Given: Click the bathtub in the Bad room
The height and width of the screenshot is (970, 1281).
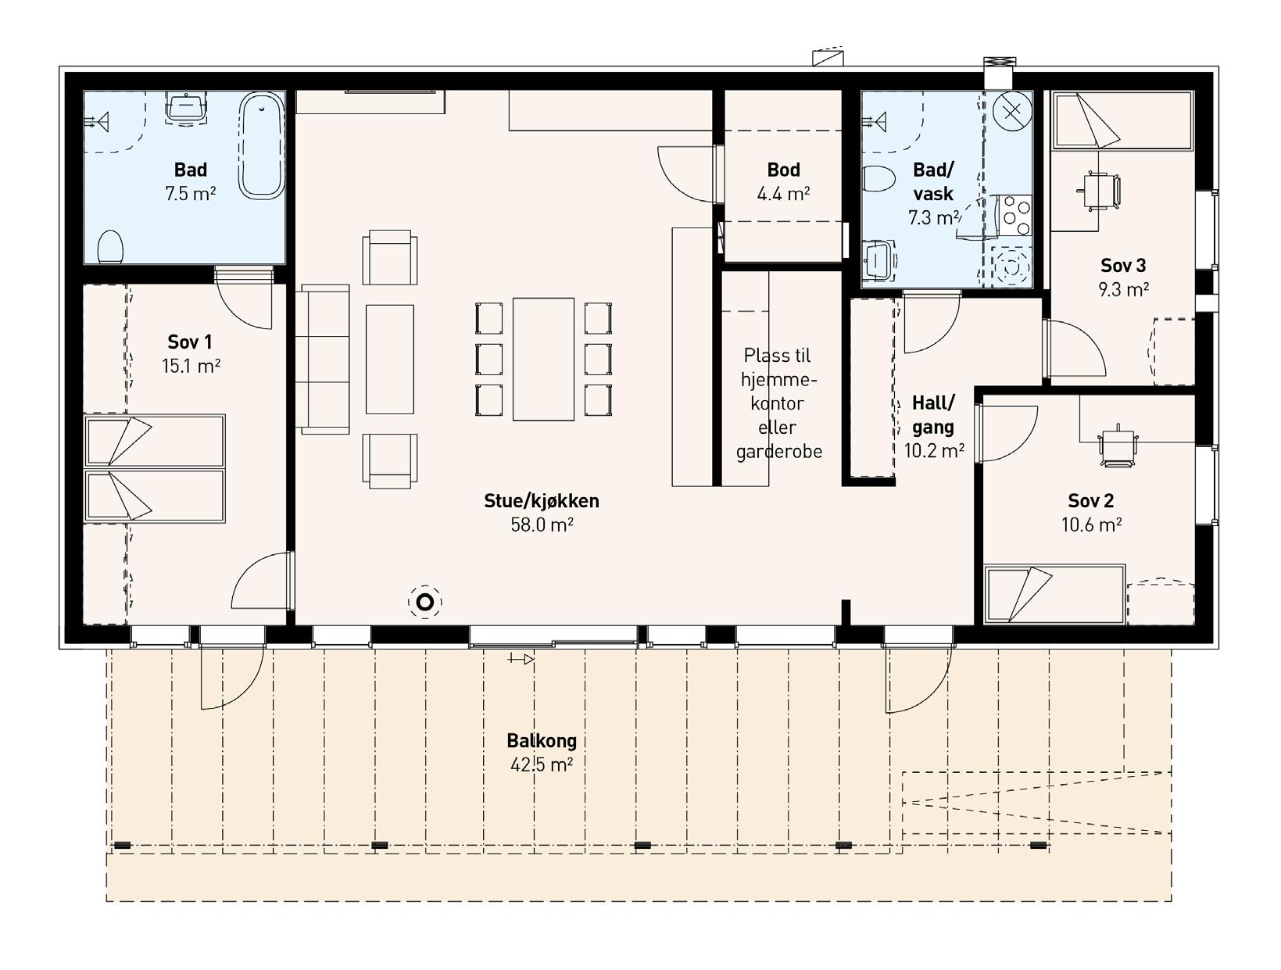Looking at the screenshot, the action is [x=262, y=146].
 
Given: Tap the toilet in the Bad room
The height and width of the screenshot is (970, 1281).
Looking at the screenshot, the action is [x=109, y=247].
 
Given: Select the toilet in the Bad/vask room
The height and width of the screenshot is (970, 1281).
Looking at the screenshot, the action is [x=878, y=179].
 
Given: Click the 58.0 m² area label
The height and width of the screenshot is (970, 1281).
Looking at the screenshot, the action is [x=542, y=524].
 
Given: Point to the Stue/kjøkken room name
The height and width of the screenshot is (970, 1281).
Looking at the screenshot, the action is [x=542, y=501].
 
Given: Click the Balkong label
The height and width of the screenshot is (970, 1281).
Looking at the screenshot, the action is [x=542, y=741].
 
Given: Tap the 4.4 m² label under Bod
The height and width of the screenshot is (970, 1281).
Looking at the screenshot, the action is [x=783, y=193].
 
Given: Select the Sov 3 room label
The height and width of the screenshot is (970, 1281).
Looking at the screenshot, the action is [x=1123, y=266].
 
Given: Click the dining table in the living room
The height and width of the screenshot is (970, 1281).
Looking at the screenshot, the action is [x=543, y=359].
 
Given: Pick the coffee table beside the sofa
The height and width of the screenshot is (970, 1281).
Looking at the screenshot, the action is [x=390, y=359].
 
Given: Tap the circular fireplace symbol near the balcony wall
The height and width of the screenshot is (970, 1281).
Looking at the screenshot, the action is [x=425, y=603].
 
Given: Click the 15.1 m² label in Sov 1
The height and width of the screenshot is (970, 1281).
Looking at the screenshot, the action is [x=191, y=366].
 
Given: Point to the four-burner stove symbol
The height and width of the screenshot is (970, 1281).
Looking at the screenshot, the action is [x=1015, y=216].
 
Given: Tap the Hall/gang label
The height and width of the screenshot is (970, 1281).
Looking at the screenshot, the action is [x=933, y=414].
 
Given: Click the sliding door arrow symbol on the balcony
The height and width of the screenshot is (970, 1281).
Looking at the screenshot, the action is [x=521, y=659].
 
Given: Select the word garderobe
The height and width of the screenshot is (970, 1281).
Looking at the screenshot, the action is [x=779, y=452].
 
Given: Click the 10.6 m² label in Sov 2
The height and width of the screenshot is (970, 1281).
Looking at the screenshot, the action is [x=1091, y=524].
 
